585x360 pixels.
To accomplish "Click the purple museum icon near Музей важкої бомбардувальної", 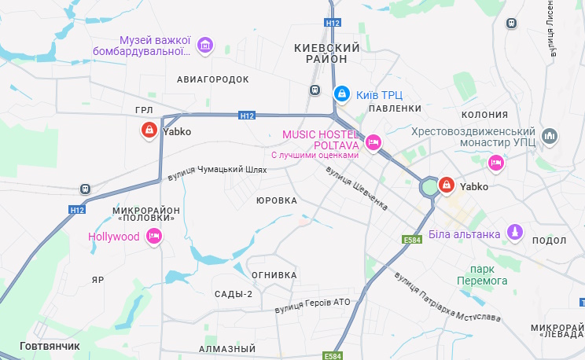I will [x=205, y=46].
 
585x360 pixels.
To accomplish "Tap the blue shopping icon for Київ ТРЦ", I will [x=342, y=94].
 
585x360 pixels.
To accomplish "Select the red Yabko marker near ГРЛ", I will [x=148, y=130].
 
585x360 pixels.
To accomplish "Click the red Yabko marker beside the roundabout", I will [x=446, y=186].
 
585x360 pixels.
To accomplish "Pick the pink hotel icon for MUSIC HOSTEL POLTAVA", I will [x=373, y=143].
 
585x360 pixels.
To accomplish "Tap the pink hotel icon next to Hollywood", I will [x=154, y=236].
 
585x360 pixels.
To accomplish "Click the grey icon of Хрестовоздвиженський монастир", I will [x=550, y=136].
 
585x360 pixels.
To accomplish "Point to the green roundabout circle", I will [x=429, y=188].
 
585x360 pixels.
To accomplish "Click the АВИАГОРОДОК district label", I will [x=212, y=79].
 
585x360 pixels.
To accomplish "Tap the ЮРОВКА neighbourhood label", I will [x=277, y=200].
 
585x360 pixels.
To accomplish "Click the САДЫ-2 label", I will [x=234, y=294].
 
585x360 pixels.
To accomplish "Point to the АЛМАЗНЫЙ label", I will [x=227, y=348].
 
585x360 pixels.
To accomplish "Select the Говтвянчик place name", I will [x=50, y=346].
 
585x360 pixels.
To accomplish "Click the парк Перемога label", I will [x=484, y=274].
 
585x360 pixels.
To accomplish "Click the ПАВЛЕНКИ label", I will [x=395, y=108].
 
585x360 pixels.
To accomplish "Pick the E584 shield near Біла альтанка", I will [x=413, y=240].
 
